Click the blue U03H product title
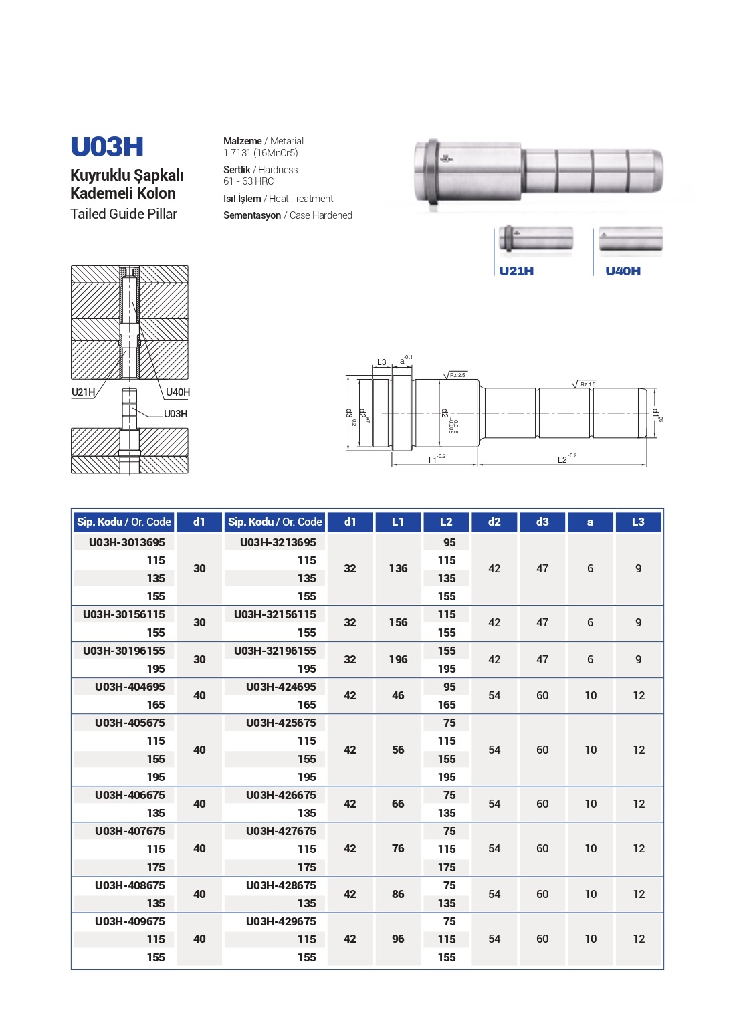(107, 147)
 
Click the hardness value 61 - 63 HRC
(248, 181)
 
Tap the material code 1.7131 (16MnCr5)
(260, 153)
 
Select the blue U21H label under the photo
(516, 271)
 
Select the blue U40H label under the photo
(623, 271)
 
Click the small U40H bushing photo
(630, 241)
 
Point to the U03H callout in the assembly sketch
(175, 414)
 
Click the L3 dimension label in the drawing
(381, 362)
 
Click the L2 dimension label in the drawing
(562, 460)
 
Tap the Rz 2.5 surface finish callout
(457, 375)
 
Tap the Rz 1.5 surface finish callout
(587, 384)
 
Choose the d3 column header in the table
(542, 522)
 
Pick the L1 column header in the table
(397, 522)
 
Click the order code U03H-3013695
(126, 542)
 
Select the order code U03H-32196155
(275, 651)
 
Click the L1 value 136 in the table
(397, 568)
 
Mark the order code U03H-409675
(130, 921)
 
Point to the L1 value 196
(397, 659)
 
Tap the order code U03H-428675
(281, 885)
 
